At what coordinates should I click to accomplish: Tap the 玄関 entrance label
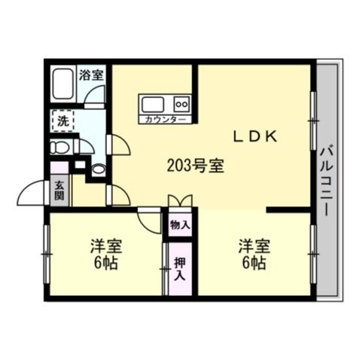click(x=59, y=192)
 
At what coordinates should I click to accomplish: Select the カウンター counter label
click(x=162, y=119)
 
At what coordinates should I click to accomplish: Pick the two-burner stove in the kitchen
click(x=182, y=103)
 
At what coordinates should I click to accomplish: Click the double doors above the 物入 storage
click(x=180, y=202)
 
